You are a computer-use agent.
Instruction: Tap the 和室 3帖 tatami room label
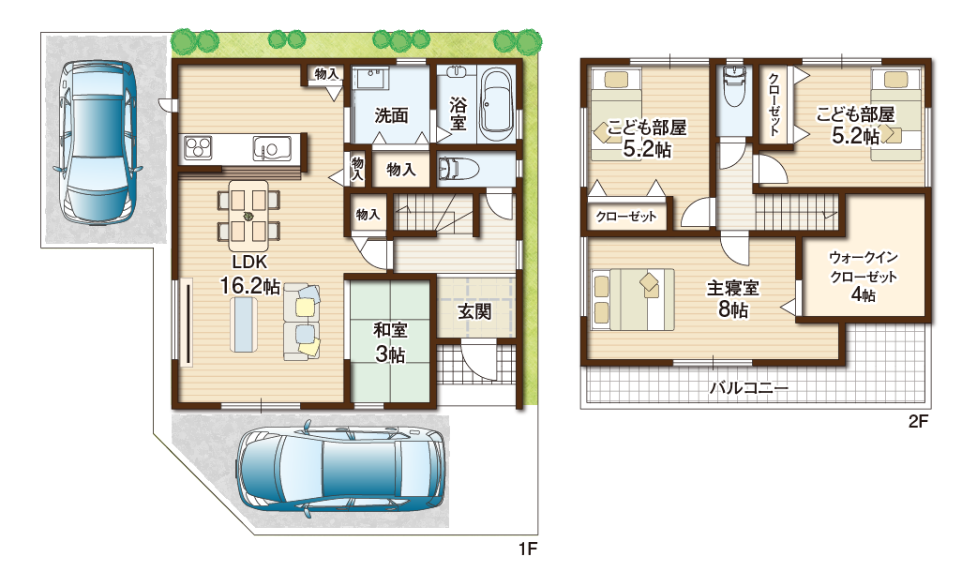coord(389,341)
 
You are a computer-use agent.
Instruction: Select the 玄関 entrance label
coord(475,311)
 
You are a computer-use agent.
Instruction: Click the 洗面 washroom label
coord(391,116)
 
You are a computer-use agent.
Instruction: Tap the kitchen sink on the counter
coord(271,148)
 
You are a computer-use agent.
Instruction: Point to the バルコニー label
coord(748,386)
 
